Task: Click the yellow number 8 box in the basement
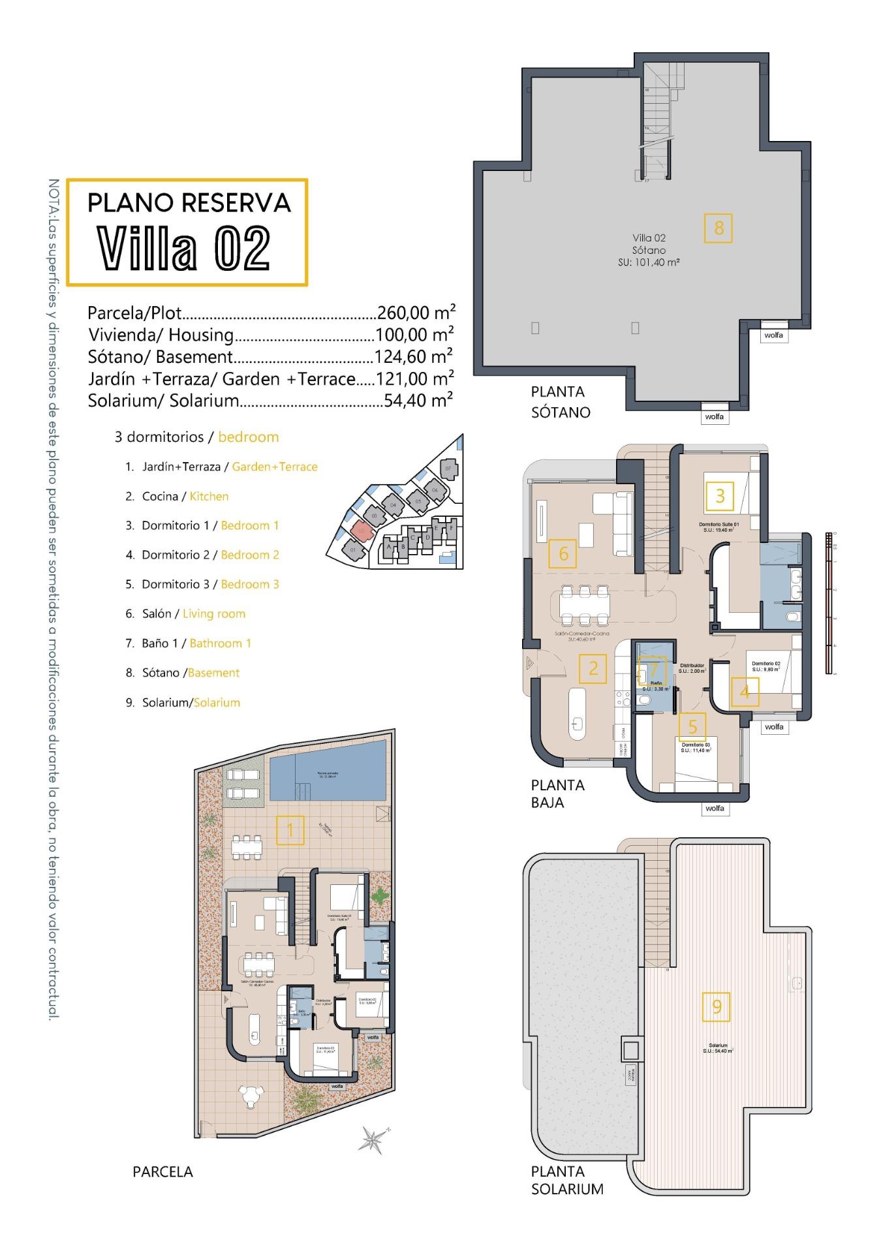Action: coord(718,228)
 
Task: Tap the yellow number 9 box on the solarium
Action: coord(717,1006)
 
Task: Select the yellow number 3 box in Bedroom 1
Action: coord(720,496)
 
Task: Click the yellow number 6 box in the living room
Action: coord(563,554)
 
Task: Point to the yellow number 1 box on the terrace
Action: coord(290,830)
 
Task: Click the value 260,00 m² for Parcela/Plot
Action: coord(416,313)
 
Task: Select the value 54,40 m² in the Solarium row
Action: coord(418,400)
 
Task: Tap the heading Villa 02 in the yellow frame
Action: coord(184,249)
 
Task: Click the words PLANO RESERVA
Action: coord(189,203)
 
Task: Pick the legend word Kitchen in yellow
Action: coord(209,497)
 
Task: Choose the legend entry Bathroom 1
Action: coord(220,643)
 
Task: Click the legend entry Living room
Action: coord(214,614)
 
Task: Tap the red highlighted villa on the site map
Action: coord(361,531)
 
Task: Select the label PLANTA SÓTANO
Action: coord(560,402)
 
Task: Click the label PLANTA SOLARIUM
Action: coord(566,1180)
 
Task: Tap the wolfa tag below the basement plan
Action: coord(714,416)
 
